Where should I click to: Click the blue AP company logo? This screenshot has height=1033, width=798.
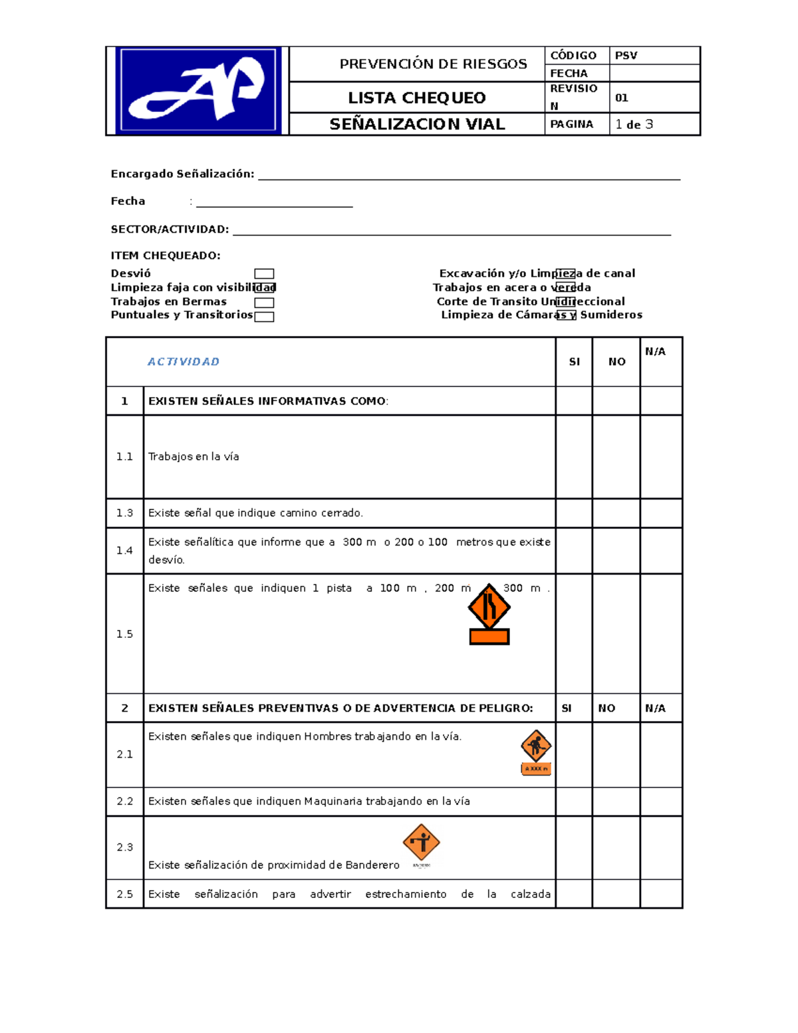pyautogui.click(x=198, y=90)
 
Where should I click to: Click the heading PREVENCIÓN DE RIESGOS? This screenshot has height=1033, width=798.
pyautogui.click(x=433, y=64)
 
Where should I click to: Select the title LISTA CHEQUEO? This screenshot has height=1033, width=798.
pyautogui.click(x=417, y=98)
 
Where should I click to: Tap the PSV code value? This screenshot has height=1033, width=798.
pyautogui.click(x=626, y=55)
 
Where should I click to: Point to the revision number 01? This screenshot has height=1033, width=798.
pyautogui.click(x=621, y=98)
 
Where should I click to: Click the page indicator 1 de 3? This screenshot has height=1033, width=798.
pyautogui.click(x=634, y=124)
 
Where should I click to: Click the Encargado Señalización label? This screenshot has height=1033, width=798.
pyautogui.click(x=182, y=174)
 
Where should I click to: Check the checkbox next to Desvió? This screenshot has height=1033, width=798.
pyautogui.click(x=264, y=274)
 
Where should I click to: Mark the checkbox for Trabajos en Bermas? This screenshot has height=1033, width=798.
pyautogui.click(x=264, y=303)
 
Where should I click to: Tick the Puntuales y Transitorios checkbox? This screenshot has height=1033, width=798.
pyautogui.click(x=264, y=317)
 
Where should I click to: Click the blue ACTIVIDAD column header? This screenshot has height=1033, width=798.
pyautogui.click(x=184, y=362)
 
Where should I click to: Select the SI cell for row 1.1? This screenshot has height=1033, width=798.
pyautogui.click(x=574, y=456)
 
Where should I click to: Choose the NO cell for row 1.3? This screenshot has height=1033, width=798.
pyautogui.click(x=616, y=513)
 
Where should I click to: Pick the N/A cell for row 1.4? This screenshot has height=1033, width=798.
pyautogui.click(x=661, y=551)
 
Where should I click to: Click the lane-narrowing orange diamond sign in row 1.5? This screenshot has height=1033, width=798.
pyautogui.click(x=489, y=607)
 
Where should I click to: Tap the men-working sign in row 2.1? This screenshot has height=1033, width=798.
pyautogui.click(x=536, y=746)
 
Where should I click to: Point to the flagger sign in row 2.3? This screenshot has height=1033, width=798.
pyautogui.click(x=421, y=842)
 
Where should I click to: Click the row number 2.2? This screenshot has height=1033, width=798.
pyautogui.click(x=125, y=802)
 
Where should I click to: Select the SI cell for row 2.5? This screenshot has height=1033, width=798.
pyautogui.click(x=574, y=894)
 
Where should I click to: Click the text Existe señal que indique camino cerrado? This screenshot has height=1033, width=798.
pyautogui.click(x=255, y=513)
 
